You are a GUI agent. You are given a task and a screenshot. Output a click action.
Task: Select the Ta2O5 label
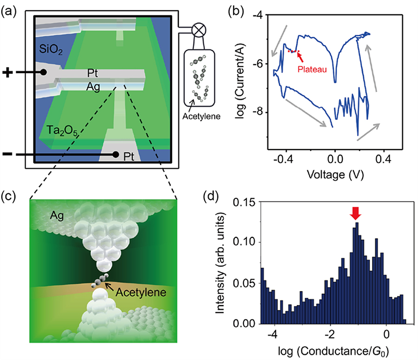pos(61,130)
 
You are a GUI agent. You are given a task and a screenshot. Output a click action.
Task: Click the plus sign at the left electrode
pos(8,73)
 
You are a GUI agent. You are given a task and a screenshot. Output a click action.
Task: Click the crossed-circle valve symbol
pos(200,31)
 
